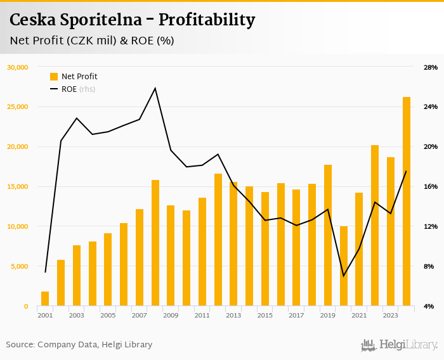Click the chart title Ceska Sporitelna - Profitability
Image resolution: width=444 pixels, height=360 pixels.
click(x=132, y=20)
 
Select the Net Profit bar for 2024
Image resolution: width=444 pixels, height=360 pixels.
click(x=407, y=202)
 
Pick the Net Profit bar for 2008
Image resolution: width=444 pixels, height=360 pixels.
click(x=155, y=243)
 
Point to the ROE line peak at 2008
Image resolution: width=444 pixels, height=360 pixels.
click(x=155, y=88)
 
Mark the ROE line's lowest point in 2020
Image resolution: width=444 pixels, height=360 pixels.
click(x=344, y=276)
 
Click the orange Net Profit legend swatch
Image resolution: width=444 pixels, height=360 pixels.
click(x=54, y=77)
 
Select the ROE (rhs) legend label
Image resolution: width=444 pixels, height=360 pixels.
click(x=78, y=89)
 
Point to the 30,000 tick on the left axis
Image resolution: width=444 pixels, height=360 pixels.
click(x=17, y=67)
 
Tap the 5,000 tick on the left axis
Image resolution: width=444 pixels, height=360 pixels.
click(x=19, y=266)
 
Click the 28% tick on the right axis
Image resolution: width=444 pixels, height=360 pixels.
click(x=430, y=67)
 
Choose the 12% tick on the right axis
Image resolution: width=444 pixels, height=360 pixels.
click(x=430, y=226)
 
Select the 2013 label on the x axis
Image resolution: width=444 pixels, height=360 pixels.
click(x=233, y=315)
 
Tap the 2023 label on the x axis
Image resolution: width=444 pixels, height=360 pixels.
click(x=391, y=315)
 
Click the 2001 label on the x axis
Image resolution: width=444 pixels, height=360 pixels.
click(x=45, y=315)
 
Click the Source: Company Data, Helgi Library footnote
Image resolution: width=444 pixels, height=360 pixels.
click(x=79, y=345)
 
